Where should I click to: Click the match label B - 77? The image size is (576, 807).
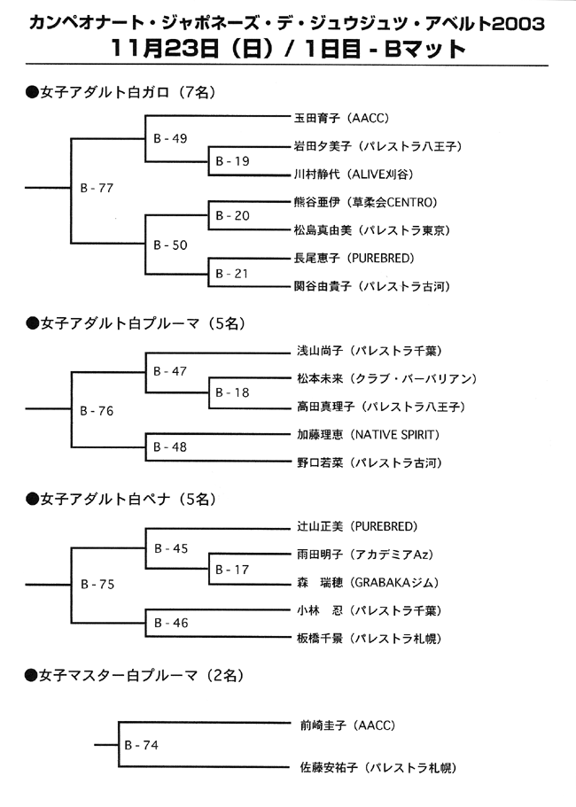pyautogui.click(x=97, y=189)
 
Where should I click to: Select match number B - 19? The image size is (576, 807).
pyautogui.click(x=233, y=161)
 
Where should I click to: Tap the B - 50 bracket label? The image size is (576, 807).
pyautogui.click(x=170, y=245)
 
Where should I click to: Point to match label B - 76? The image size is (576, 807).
pyautogui.click(x=97, y=411)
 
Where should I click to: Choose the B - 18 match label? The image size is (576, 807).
pyautogui.click(x=232, y=392)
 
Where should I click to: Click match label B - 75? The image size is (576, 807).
pyautogui.click(x=97, y=585)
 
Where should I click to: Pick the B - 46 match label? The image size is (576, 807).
pyautogui.click(x=171, y=624)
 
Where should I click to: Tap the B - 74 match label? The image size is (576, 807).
pyautogui.click(x=142, y=745)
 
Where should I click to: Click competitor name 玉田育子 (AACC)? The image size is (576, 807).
pyautogui.click(x=342, y=119)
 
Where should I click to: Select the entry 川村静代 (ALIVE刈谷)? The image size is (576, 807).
pyautogui.click(x=354, y=175)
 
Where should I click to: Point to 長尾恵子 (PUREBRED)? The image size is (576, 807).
pyautogui.click(x=354, y=259)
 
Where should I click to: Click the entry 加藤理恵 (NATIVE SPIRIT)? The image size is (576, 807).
pyautogui.click(x=369, y=435)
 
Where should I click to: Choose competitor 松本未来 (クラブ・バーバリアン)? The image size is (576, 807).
pyautogui.click(x=387, y=379)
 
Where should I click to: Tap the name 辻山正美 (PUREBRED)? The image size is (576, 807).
pyautogui.click(x=357, y=526)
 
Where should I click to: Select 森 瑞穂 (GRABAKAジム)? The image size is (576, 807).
pyautogui.click(x=368, y=583)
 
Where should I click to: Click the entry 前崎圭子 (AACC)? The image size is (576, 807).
pyautogui.click(x=348, y=726)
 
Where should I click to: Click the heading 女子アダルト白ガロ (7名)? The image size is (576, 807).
pyautogui.click(x=121, y=93)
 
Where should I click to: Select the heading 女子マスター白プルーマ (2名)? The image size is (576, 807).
pyautogui.click(x=135, y=675)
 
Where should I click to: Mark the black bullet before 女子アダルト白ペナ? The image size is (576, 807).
pyautogui.click(x=33, y=500)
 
